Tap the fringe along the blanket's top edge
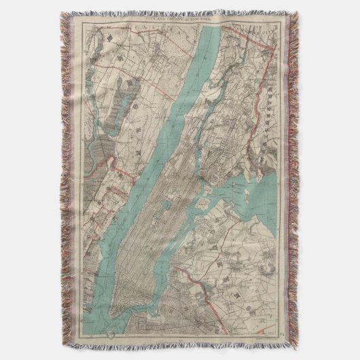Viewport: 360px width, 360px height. tap(180, 12)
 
